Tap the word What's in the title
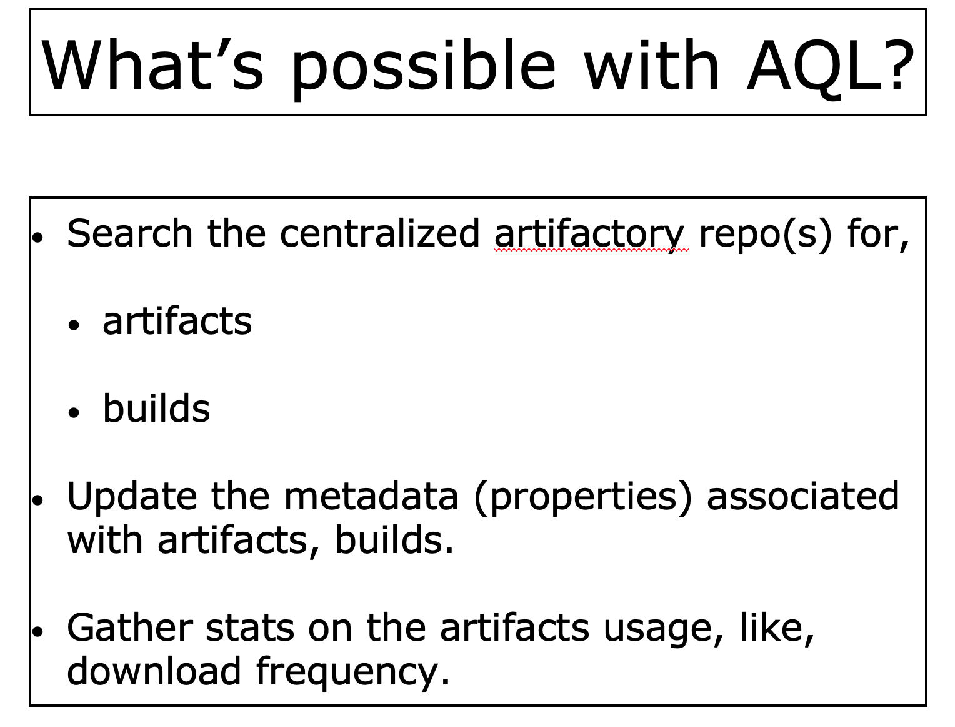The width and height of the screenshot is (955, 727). pos(152,64)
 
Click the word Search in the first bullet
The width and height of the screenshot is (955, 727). pos(129,233)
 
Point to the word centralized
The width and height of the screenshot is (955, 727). pos(379,233)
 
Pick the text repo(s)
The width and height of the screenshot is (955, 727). pos(765,235)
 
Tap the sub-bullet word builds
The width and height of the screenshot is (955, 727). pos(156,408)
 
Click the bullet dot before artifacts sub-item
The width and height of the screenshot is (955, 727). pos(74,325)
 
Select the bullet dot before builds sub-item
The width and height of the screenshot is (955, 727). pos(74,412)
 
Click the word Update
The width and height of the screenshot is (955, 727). pos(132,497)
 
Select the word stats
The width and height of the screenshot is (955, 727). pos(250,629)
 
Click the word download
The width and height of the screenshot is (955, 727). pos(154,671)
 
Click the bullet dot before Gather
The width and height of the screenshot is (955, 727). pos(38,631)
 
